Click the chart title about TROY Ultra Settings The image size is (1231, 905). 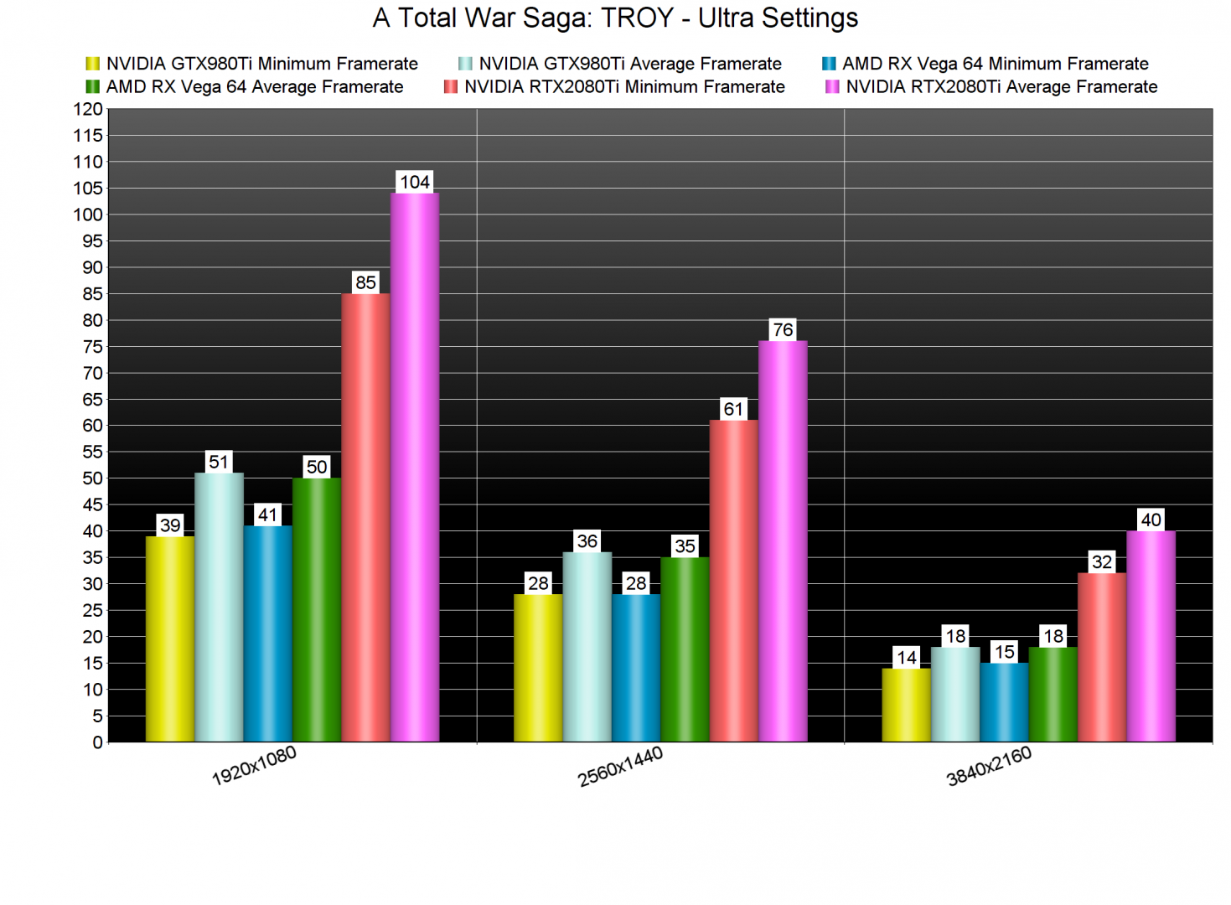pyautogui.click(x=615, y=18)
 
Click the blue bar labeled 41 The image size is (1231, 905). pyautogui.click(x=268, y=633)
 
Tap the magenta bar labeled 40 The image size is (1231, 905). pyautogui.click(x=1151, y=636)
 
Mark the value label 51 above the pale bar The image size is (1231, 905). pyautogui.click(x=219, y=462)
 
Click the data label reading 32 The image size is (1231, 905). pyautogui.click(x=1102, y=561)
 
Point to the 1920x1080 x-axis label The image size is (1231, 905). pyautogui.click(x=254, y=766)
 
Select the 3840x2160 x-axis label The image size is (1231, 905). pyautogui.click(x=989, y=767)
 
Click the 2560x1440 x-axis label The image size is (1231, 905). pyautogui.click(x=620, y=767)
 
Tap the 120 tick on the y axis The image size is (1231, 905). pyautogui.click(x=88, y=109)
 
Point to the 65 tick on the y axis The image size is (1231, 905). pyautogui.click(x=92, y=400)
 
